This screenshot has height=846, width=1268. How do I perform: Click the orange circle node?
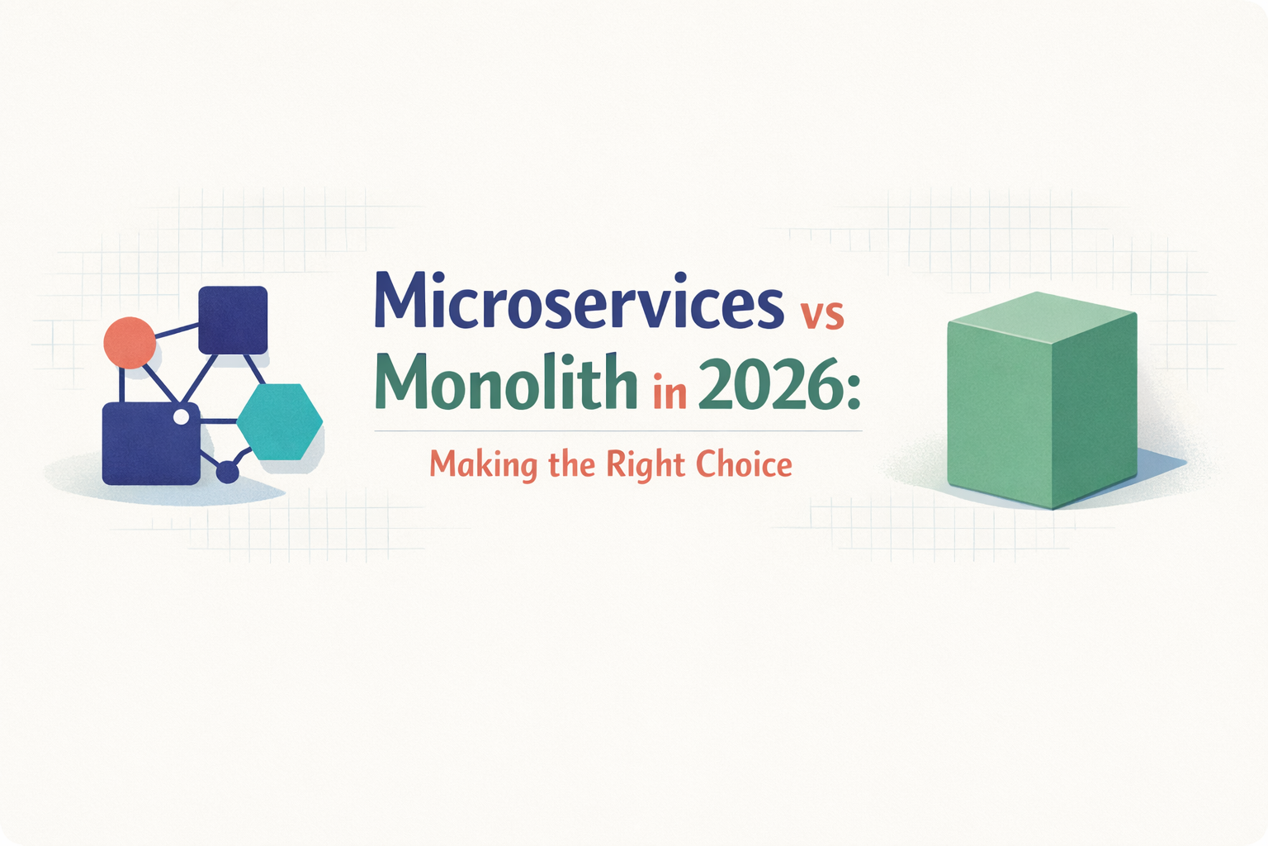[x=130, y=342]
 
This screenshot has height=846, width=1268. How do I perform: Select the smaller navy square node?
[x=234, y=320]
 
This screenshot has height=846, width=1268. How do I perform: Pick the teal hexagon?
[x=280, y=422]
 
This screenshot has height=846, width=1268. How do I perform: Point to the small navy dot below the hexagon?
[x=227, y=473]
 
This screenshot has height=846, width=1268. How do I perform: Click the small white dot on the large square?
[x=181, y=417]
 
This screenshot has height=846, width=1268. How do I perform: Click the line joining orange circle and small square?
[x=177, y=332]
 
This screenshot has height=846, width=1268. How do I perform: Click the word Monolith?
[x=506, y=385]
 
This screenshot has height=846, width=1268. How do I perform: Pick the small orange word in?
[x=669, y=394]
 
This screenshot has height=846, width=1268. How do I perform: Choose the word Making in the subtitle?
[x=483, y=465]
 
